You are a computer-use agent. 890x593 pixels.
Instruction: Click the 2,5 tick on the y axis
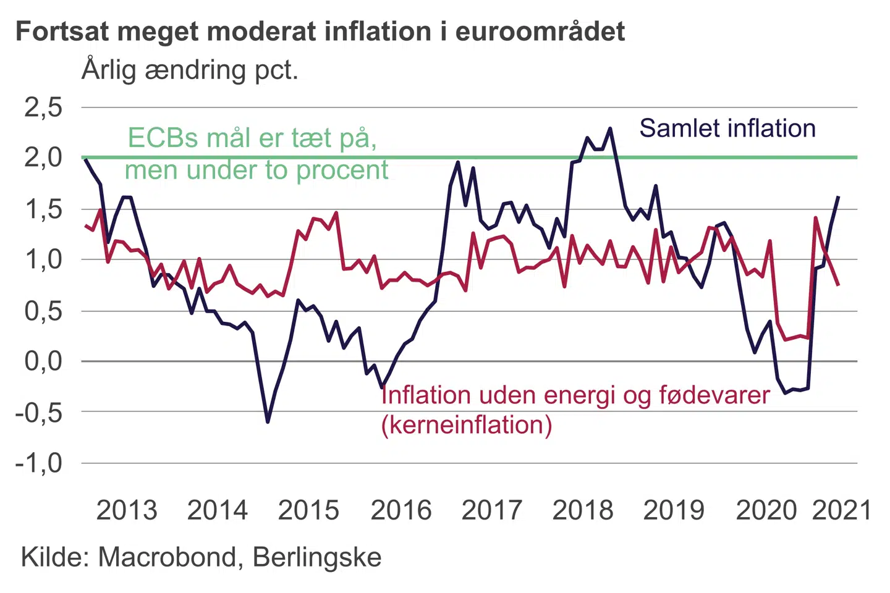(x=43, y=107)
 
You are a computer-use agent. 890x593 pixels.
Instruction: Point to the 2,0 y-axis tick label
(x=43, y=158)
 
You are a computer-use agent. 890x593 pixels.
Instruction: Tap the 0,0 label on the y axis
(x=43, y=361)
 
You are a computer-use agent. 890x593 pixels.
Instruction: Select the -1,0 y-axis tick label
(x=39, y=463)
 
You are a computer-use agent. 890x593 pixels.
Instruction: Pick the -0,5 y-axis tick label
(x=39, y=412)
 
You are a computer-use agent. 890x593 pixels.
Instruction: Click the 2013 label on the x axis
(x=127, y=511)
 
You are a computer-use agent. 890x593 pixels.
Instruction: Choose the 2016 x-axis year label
(x=401, y=511)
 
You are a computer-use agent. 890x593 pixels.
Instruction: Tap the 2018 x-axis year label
(x=583, y=511)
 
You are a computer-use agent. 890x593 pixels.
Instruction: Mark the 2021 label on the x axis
(x=841, y=511)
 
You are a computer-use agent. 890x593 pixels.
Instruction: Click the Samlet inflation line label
(x=727, y=128)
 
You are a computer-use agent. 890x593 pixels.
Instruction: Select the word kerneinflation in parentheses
(x=467, y=425)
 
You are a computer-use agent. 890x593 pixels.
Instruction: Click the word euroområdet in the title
(x=540, y=31)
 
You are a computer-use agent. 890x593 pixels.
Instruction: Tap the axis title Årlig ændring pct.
(x=190, y=70)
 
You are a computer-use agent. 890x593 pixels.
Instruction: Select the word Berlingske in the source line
(x=317, y=557)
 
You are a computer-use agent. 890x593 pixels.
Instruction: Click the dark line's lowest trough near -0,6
(x=268, y=422)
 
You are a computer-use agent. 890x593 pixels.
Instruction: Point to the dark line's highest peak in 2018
(x=610, y=128)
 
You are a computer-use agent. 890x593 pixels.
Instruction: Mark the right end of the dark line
(x=838, y=197)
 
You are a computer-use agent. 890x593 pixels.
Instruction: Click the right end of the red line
(x=838, y=285)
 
